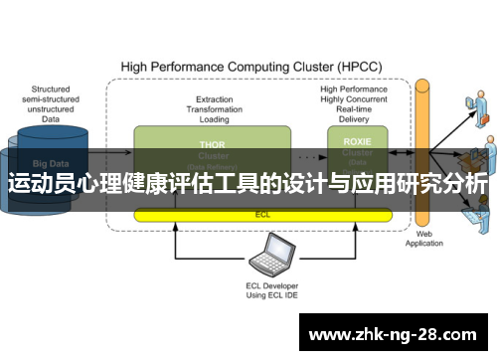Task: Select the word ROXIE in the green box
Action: click(358, 141)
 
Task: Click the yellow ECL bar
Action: click(262, 214)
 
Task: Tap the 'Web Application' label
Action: click(423, 240)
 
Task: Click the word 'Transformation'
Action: click(215, 110)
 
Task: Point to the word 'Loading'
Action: click(215, 120)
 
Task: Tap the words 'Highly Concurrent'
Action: click(356, 99)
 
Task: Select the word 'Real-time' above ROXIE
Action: click(356, 110)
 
